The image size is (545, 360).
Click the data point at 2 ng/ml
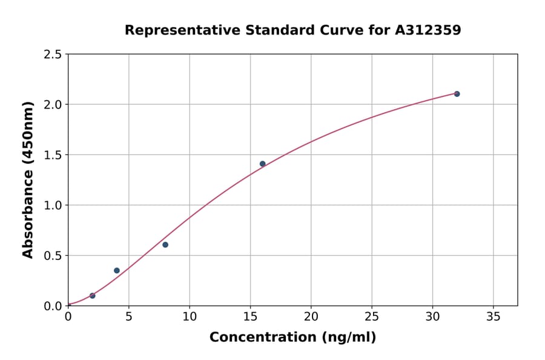tap(92, 296)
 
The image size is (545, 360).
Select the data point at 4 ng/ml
tap(117, 270)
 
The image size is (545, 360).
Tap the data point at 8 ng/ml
tap(165, 245)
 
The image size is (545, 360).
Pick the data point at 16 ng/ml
tap(262, 164)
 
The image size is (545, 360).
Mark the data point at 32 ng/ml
tap(457, 94)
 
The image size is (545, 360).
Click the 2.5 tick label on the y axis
tap(53, 55)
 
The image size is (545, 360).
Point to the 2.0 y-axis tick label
tap(53, 105)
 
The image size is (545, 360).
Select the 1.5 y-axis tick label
tap(53, 155)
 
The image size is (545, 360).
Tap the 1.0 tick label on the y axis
tap(53, 205)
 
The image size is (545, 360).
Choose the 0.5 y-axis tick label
tap(53, 256)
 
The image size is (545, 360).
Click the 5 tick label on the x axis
tap(128, 316)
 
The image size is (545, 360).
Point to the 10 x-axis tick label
tap(190, 316)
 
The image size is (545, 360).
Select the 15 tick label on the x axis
tap(250, 316)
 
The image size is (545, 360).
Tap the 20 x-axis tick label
tap(311, 316)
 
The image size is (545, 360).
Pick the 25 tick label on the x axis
tap(372, 316)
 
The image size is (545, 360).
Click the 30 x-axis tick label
tap(432, 316)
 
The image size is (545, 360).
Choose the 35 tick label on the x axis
tap(493, 316)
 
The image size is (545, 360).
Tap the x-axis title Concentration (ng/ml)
tap(292, 338)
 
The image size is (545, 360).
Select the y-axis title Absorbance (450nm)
tap(28, 180)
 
